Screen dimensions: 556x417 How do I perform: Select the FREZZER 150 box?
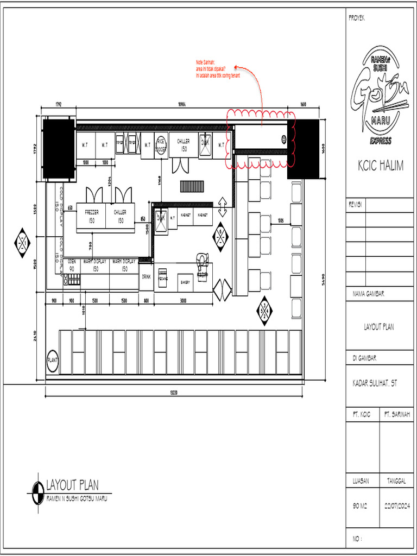[91, 217]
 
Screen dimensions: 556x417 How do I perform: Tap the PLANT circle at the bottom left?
[53, 359]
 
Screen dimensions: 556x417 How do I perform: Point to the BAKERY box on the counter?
[185, 282]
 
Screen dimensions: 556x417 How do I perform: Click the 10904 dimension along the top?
[182, 104]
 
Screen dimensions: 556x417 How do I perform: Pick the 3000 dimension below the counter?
[184, 300]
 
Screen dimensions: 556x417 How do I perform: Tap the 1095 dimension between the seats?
[281, 220]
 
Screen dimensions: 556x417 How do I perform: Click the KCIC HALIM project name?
[380, 166]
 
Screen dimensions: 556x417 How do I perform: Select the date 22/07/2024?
[397, 506]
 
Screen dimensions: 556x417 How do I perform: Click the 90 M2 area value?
[360, 506]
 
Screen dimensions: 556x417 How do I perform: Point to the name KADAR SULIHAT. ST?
[375, 383]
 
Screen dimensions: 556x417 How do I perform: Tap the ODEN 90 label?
[72, 264]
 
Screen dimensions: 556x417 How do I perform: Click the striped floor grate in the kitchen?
[192, 186]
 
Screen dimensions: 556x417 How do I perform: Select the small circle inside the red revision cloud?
[284, 139]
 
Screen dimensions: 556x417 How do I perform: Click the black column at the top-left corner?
[59, 149]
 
